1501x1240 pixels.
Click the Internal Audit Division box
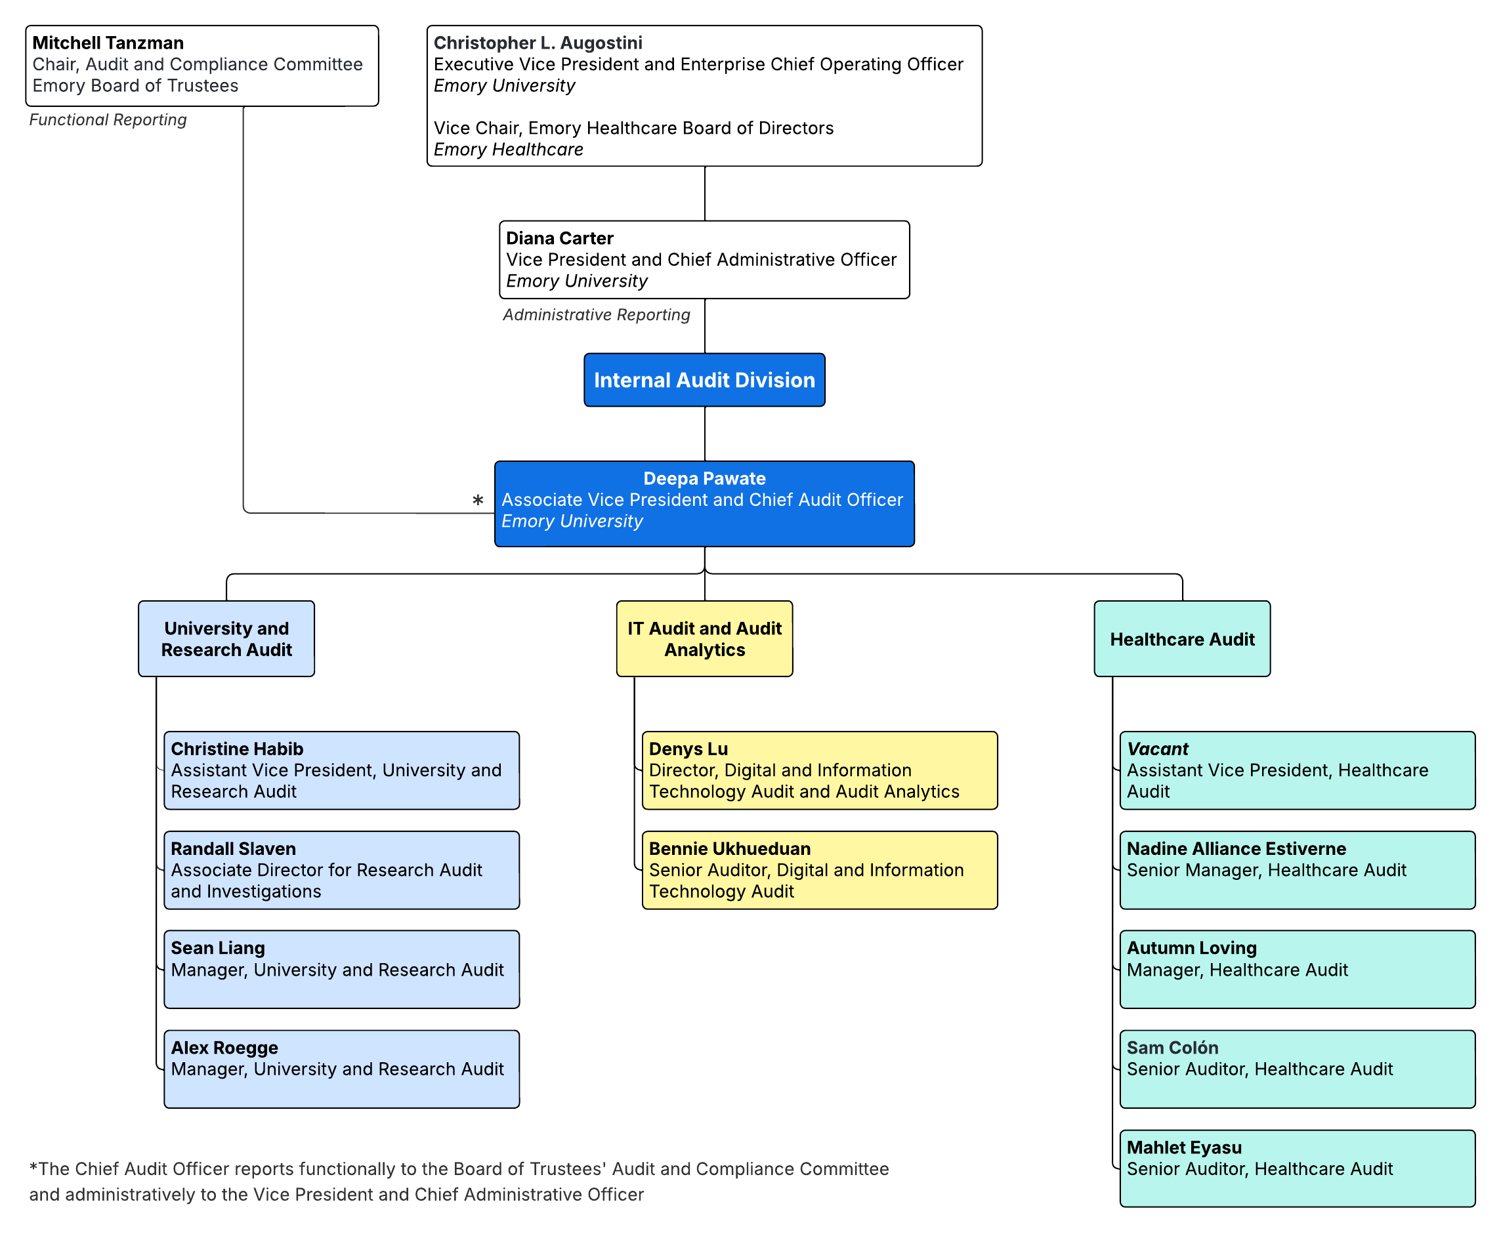704,380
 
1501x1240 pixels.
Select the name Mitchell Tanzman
108,43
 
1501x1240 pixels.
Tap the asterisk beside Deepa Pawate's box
477,501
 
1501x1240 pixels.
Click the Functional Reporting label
108,120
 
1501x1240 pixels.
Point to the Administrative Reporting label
596,315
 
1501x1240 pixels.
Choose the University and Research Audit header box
226,638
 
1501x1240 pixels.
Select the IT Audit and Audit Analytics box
704,638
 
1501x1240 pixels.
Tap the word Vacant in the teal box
1156,749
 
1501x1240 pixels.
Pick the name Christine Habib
236,749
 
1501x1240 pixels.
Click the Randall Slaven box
341,869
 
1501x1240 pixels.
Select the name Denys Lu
687,749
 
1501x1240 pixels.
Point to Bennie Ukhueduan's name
729,848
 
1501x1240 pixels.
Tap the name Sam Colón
1172,1047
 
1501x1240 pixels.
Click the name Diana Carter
559,238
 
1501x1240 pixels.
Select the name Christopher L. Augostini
538,43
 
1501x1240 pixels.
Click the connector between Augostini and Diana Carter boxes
704,194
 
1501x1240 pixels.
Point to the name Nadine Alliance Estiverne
1235,848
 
